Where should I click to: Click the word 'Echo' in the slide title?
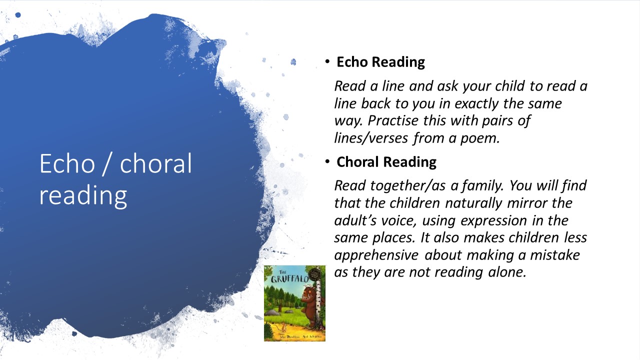[67, 163]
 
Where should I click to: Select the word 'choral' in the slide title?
[155, 163]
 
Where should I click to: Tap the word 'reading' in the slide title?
[83, 195]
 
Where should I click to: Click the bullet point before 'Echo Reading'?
[327, 61]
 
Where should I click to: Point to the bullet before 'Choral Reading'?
[327, 161]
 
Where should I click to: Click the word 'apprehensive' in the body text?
[376, 255]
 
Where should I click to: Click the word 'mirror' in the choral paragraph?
[527, 203]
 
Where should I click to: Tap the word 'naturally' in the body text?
[473, 203]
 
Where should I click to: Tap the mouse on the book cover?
[283, 327]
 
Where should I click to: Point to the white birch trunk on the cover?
[317, 303]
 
